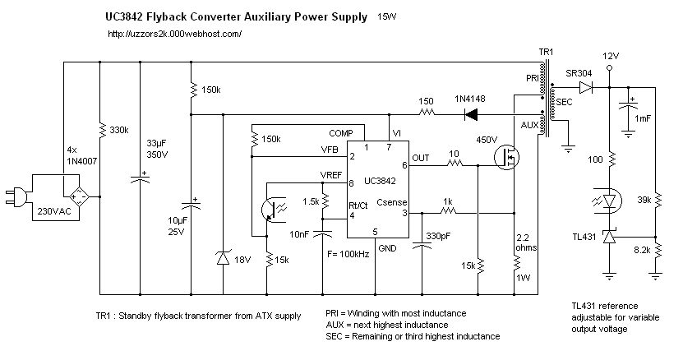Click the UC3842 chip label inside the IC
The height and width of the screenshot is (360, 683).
tap(380, 181)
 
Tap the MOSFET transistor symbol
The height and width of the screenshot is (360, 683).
tap(507, 157)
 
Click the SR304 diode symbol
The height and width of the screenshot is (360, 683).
tap(586, 88)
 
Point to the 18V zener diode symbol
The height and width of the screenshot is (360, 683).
tap(223, 259)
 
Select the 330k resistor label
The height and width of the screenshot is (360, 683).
tap(119, 130)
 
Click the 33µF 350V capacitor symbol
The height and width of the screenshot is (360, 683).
tap(141, 178)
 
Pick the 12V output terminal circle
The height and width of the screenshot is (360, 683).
tap(609, 67)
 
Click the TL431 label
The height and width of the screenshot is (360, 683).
tap(584, 237)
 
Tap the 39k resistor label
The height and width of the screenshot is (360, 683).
tap(644, 200)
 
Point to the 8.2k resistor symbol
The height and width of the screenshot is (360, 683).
tap(658, 251)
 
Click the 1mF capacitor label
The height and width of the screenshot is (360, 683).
tap(643, 118)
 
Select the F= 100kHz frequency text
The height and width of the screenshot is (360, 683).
tap(348, 254)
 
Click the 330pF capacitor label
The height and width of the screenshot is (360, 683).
tap(438, 236)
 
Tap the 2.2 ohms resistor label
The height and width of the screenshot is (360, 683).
tap(526, 242)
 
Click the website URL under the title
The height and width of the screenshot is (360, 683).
tap(175, 34)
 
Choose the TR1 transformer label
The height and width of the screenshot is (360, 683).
tap(546, 52)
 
